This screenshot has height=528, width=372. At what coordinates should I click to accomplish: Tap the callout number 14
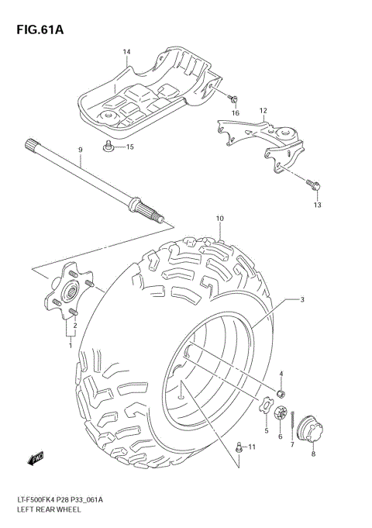click(126, 52)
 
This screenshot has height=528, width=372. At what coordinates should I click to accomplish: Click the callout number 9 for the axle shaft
click(79, 150)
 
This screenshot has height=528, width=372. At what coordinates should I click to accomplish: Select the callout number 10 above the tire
click(220, 219)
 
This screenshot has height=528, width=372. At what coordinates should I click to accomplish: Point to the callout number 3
click(301, 299)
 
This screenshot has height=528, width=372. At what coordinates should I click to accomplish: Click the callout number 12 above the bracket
click(263, 111)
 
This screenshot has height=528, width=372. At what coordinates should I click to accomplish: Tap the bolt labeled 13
click(313, 185)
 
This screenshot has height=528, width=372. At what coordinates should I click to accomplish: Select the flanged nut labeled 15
click(110, 147)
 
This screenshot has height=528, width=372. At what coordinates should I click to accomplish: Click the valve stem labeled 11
click(239, 447)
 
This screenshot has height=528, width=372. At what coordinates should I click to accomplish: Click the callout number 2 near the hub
click(74, 326)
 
